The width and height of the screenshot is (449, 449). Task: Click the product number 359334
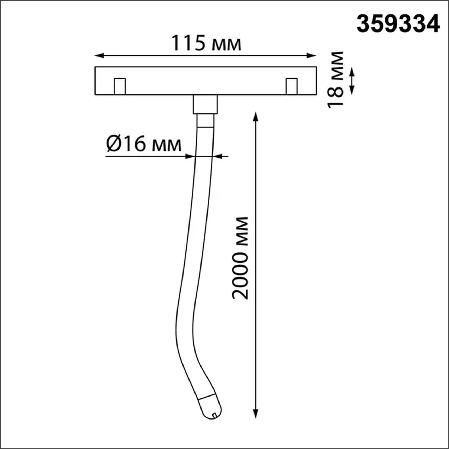point(398,24)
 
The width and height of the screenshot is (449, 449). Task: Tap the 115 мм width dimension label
point(206,43)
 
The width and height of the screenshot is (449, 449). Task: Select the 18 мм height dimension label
point(336,80)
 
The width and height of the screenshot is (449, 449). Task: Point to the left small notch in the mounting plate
point(120,86)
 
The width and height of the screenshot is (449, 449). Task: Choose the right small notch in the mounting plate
point(292,86)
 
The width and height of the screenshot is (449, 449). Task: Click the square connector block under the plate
point(205,104)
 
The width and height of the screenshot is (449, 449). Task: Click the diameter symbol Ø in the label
point(113,144)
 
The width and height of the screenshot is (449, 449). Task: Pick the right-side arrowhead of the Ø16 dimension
point(218,156)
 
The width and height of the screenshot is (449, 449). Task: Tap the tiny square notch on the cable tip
point(214,416)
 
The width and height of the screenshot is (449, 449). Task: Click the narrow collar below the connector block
point(205,121)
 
